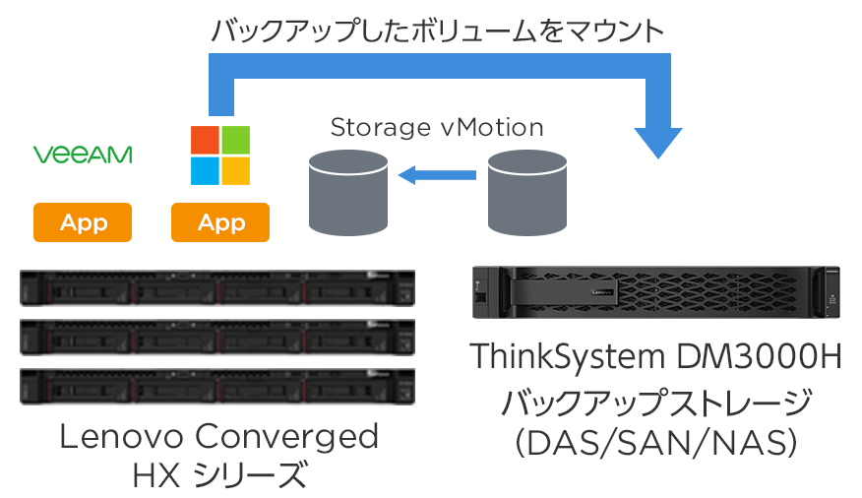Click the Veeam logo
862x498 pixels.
click(83, 155)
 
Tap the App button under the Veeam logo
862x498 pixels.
click(83, 222)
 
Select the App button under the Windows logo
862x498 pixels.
click(220, 222)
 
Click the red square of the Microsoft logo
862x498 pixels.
click(205, 140)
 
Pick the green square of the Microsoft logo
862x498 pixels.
click(235, 140)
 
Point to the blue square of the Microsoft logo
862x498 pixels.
click(205, 170)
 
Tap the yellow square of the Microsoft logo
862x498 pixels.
click(235, 170)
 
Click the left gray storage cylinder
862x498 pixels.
click(348, 193)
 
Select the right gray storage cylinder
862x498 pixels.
click(527, 193)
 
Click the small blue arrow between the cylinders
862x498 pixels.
click(437, 175)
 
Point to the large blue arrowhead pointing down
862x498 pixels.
click(658, 143)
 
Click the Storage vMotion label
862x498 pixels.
click(437, 128)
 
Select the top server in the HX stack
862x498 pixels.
click(217, 287)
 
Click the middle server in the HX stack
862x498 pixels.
click(217, 337)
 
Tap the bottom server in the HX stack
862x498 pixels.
click(217, 387)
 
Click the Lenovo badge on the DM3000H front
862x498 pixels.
click(601, 292)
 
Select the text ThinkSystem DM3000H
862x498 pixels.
click(655, 356)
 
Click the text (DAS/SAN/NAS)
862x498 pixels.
click(655, 443)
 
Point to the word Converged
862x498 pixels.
click(286, 438)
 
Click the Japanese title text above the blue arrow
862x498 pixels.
click(437, 31)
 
